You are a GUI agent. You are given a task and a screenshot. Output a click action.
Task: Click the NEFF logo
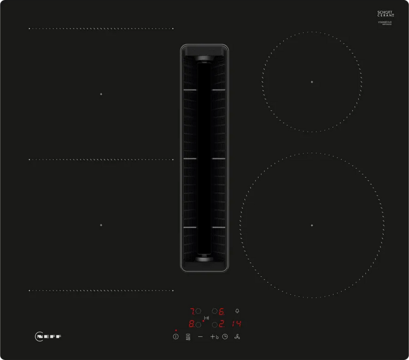(x=51, y=336)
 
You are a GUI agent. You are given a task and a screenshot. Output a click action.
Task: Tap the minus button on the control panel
(x=200, y=337)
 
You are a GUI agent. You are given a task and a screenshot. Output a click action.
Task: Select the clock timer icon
(x=224, y=337)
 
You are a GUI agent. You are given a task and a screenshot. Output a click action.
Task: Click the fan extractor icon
(x=237, y=337)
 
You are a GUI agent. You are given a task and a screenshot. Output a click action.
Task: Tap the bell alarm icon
(x=237, y=311)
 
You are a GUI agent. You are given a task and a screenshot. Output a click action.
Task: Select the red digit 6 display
(x=222, y=311)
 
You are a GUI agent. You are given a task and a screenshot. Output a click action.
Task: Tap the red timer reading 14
(x=236, y=324)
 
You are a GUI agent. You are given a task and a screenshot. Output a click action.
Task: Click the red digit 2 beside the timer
(x=222, y=324)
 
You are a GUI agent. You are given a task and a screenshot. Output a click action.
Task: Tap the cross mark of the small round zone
(x=311, y=82)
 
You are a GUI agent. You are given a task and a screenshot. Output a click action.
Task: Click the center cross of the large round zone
(x=311, y=226)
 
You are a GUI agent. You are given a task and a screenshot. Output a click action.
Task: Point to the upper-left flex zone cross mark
(x=101, y=95)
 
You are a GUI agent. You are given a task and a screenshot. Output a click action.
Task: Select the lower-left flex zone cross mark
(x=101, y=225)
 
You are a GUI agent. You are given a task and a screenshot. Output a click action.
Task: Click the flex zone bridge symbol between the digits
(x=207, y=319)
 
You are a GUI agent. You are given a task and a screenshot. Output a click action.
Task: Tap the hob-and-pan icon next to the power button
(x=188, y=337)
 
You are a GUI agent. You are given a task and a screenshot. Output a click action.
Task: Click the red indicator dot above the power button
(x=175, y=330)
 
